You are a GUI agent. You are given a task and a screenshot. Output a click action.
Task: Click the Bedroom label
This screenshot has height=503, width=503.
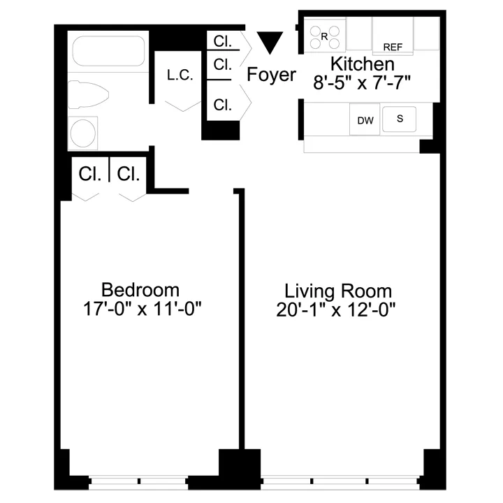(x=140, y=289)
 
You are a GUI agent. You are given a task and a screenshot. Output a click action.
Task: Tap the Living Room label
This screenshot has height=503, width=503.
(x=338, y=291)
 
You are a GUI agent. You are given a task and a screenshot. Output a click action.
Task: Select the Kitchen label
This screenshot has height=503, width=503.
(x=363, y=64)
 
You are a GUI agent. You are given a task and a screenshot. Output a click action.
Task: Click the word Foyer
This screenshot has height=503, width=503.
(x=272, y=75)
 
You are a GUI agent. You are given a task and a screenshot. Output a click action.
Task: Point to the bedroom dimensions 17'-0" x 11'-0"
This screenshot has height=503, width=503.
(x=140, y=308)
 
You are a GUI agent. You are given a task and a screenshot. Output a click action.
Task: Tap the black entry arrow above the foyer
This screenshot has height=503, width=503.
(x=268, y=42)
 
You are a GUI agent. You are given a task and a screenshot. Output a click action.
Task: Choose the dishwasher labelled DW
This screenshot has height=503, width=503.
(x=365, y=120)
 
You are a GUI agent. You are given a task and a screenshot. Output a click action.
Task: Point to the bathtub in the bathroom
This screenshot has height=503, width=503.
(x=108, y=50)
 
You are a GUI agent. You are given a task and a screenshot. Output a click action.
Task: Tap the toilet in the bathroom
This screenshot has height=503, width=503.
(x=89, y=94)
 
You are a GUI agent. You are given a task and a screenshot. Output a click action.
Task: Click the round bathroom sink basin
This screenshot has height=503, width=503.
(x=82, y=133)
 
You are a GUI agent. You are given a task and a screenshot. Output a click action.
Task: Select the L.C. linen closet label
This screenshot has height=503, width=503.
(x=180, y=75)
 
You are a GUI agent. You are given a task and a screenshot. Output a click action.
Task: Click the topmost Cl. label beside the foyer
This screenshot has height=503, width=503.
(x=223, y=42)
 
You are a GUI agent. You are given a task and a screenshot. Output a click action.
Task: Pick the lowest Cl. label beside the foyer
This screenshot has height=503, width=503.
(x=223, y=105)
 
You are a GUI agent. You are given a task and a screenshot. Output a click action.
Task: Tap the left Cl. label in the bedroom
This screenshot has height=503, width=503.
(x=90, y=173)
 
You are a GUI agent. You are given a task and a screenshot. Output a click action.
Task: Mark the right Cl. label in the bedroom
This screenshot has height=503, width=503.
(x=129, y=173)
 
